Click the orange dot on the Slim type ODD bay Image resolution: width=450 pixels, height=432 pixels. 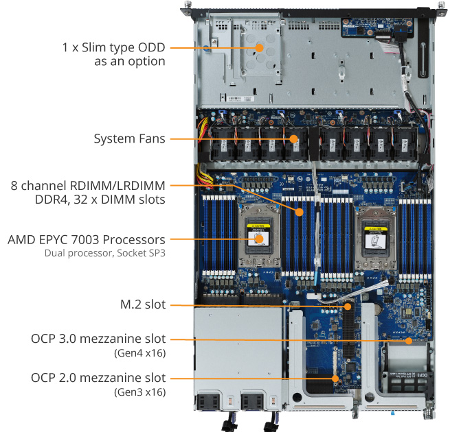260,48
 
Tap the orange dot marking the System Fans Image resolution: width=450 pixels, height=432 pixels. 293,139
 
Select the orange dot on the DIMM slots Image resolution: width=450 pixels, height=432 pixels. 300,212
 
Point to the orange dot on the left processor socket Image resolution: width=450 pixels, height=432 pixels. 260,239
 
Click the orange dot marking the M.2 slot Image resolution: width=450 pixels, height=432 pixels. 348,307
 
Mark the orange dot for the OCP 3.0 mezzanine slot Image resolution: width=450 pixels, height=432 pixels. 409,341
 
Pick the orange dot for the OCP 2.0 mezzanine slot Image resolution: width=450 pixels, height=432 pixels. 335,379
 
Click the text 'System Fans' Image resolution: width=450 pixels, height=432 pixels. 129,139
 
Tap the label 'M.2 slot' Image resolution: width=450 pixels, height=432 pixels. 143,304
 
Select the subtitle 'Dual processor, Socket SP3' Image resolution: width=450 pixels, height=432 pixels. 105,253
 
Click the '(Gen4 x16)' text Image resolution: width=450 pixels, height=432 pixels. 140,353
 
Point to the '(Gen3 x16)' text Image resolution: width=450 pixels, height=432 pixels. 140,392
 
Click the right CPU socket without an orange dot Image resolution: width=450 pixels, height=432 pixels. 376,239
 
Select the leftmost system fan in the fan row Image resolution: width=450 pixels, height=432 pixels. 223,143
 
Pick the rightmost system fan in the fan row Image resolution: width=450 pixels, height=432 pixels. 405,143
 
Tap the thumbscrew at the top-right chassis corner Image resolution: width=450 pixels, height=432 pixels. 440,5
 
